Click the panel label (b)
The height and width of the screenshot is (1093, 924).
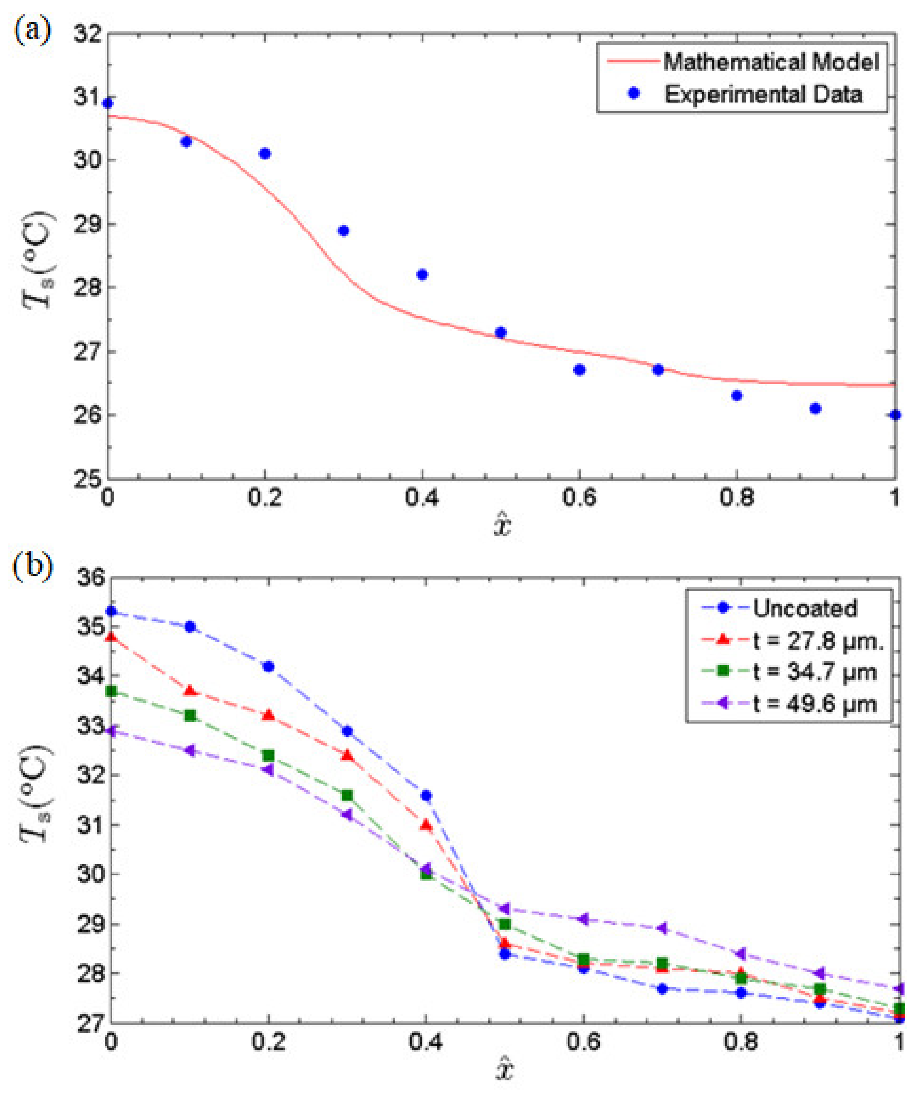coord(32,566)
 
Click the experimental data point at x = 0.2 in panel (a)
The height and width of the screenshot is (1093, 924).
coord(265,154)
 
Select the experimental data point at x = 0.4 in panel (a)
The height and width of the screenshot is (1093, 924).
coord(422,274)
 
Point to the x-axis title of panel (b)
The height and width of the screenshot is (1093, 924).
coord(504,1071)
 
